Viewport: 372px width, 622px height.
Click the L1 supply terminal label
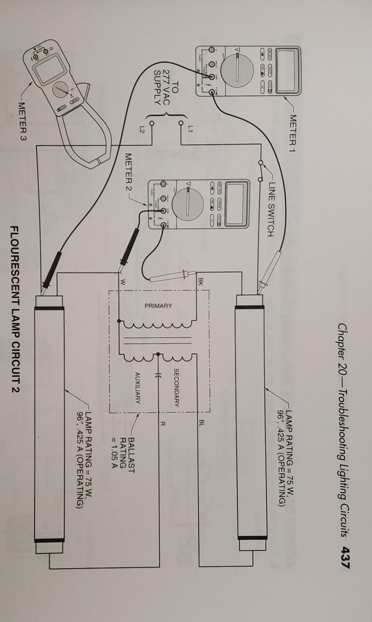click(x=191, y=129)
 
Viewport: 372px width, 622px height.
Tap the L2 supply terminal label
click(x=141, y=129)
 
